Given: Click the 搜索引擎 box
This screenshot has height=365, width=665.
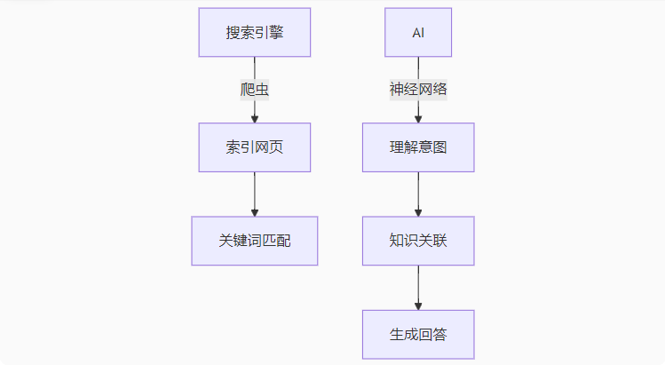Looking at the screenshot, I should (255, 33).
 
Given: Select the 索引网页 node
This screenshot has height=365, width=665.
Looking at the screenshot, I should (255, 147).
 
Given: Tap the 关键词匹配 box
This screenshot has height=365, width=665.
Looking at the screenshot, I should (255, 241).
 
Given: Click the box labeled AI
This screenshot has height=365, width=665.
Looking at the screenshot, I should (418, 33).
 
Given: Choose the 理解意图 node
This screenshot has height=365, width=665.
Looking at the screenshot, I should (418, 147).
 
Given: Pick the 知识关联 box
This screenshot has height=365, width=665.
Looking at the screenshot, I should (418, 241).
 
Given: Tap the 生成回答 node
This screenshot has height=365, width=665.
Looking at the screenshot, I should (418, 335).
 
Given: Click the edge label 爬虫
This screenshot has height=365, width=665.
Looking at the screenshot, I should (255, 90).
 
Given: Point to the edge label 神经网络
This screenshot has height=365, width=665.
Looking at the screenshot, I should (418, 90).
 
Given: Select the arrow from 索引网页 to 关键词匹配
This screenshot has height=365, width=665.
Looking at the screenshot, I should (255, 193).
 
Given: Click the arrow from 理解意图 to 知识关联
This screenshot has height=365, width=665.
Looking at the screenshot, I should (418, 193).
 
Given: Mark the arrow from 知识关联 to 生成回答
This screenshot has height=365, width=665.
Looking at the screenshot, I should (418, 286).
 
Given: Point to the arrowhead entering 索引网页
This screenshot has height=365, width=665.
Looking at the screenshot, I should (255, 118).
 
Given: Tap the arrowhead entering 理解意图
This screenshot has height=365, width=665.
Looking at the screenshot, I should (418, 118).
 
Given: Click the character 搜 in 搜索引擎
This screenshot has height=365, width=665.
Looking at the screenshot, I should (234, 33).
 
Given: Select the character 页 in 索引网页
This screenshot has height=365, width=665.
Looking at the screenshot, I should (276, 147).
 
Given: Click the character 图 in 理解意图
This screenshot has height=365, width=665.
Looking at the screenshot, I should (439, 147).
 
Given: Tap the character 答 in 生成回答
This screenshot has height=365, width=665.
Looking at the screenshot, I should (439, 335).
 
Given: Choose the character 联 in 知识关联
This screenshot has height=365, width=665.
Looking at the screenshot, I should (439, 241).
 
